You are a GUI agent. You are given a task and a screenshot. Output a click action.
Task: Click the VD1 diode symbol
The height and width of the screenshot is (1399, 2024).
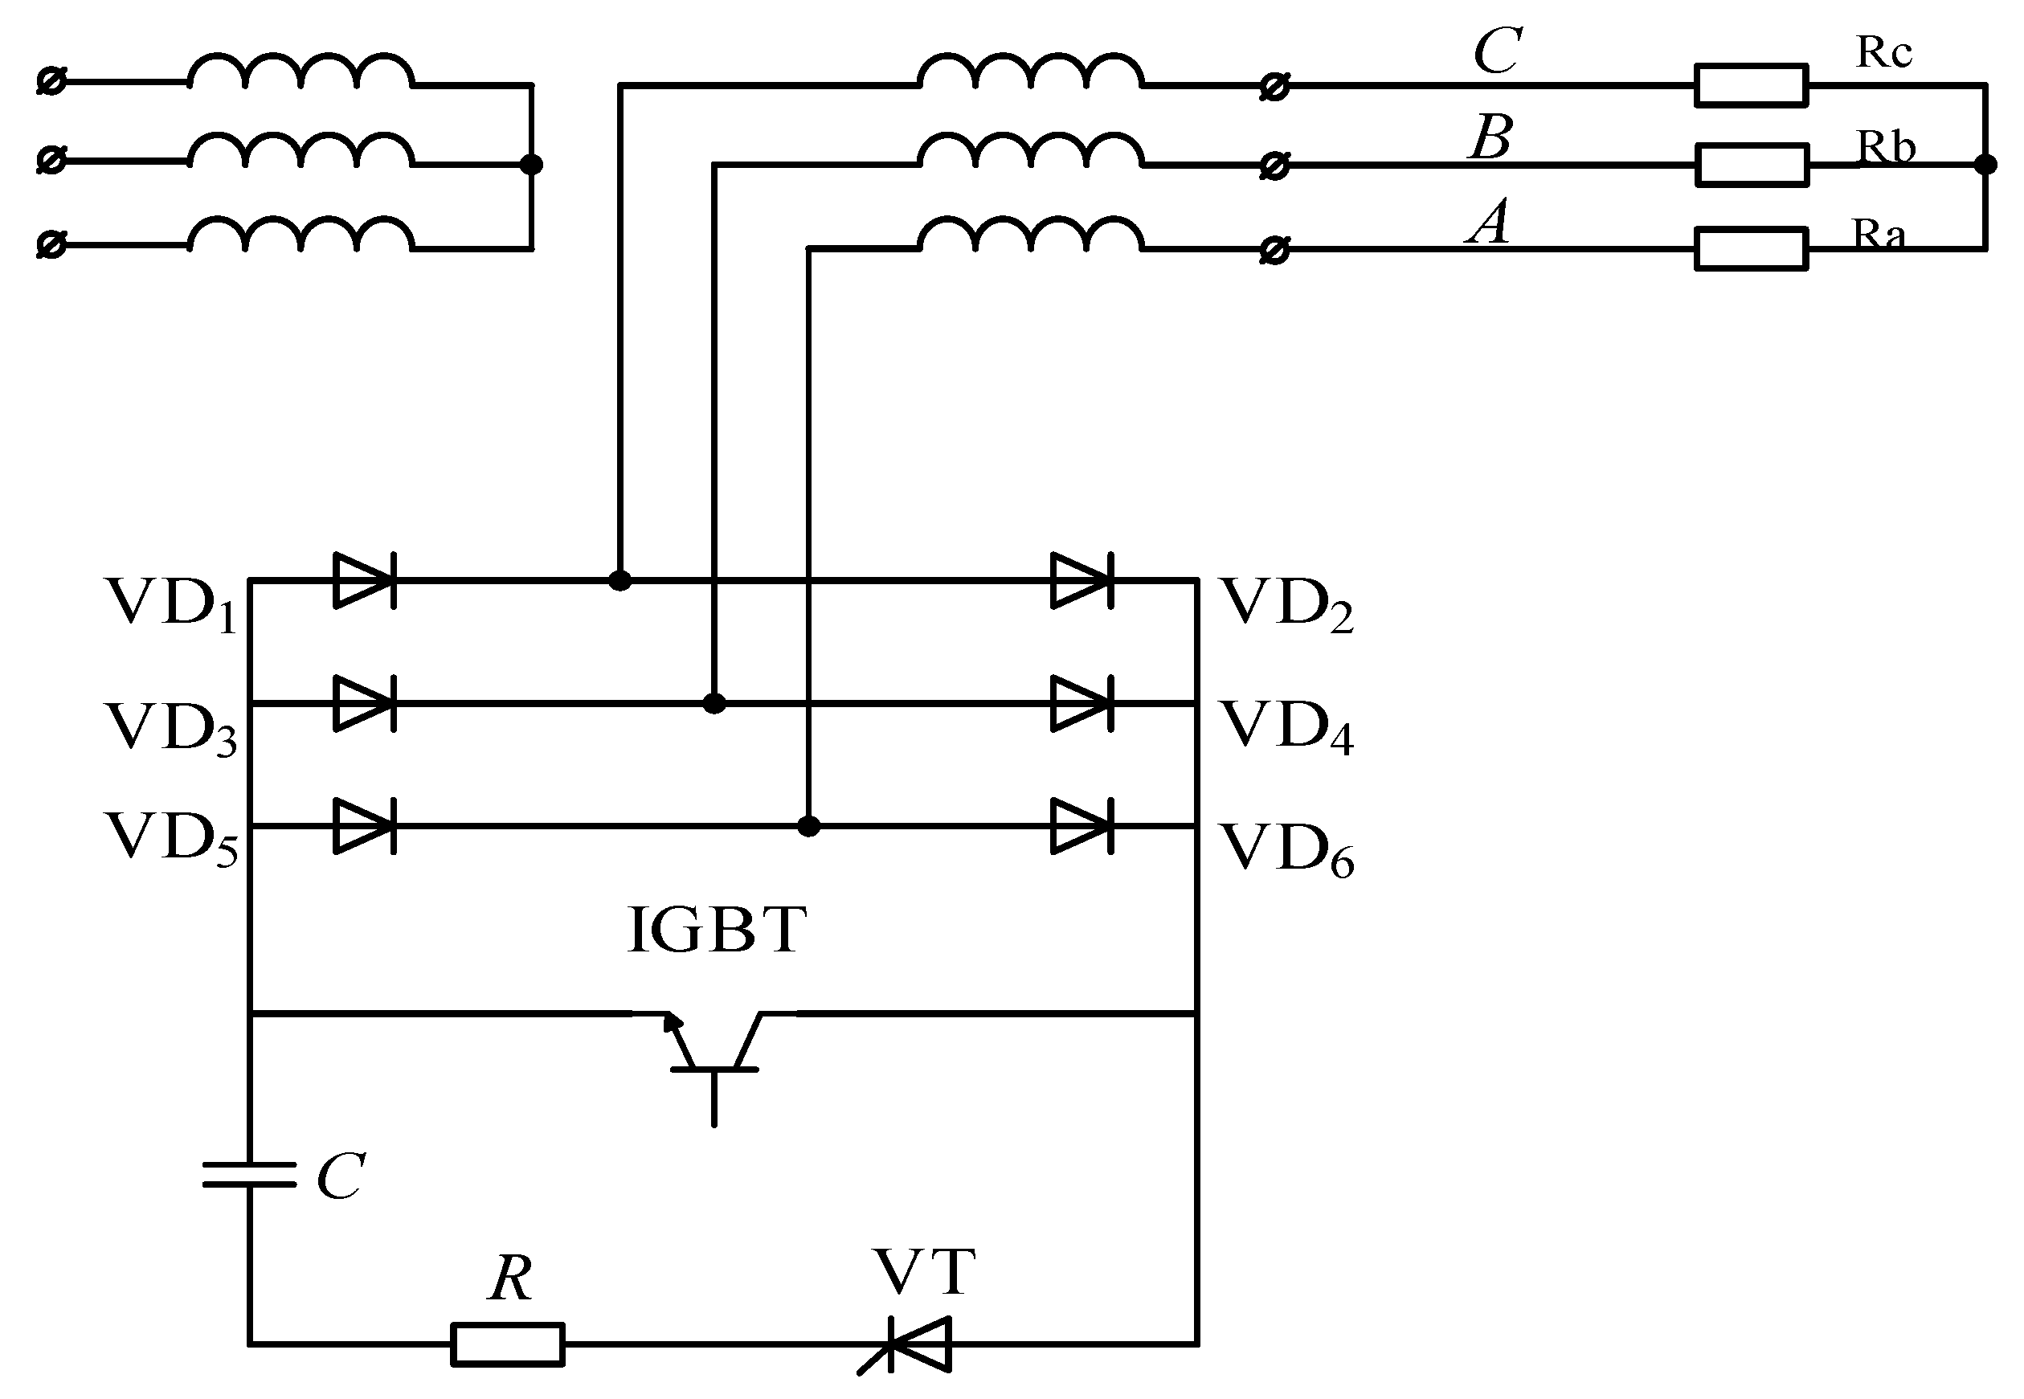(365, 580)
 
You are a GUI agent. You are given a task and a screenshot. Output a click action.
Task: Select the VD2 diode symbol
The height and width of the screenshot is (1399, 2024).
(1082, 580)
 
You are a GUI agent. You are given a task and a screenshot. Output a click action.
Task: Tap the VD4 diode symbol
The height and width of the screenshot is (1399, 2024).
(1082, 703)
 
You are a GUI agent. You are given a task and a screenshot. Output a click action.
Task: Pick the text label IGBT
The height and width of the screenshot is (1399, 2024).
(717, 930)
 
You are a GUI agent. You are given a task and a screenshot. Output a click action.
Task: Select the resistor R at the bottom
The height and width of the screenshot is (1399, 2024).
(508, 1344)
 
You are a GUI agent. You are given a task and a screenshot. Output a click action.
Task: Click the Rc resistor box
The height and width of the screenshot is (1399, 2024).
(1751, 85)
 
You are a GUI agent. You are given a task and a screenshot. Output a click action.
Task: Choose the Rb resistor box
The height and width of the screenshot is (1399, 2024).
(1751, 165)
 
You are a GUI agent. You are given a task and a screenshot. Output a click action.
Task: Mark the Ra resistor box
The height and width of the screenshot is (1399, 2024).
(1751, 249)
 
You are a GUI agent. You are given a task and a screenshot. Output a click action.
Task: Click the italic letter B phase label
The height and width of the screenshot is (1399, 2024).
(1491, 137)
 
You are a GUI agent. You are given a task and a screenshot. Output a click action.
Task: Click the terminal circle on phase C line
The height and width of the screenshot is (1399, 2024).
(1274, 87)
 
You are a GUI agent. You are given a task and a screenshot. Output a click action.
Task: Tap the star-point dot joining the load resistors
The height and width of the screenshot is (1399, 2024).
(1986, 165)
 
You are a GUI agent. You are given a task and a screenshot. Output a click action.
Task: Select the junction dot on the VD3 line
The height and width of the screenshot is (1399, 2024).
(714, 703)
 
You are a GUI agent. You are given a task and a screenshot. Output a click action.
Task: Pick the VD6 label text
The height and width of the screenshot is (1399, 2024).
(1288, 849)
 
